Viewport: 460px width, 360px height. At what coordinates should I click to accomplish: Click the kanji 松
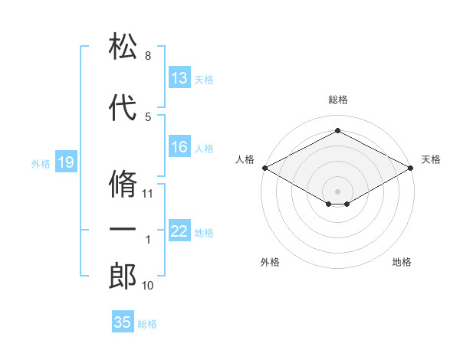[123, 46]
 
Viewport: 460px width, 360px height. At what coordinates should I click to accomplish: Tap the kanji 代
[123, 107]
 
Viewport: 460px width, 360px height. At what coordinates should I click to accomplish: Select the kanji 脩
[123, 184]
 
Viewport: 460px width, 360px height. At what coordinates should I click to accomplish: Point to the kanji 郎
[123, 276]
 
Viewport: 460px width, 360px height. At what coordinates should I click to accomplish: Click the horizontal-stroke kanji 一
[123, 229]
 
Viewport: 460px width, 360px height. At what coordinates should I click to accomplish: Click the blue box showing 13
[179, 77]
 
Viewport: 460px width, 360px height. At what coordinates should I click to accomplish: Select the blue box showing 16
[179, 146]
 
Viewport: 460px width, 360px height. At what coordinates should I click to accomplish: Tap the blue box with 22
[179, 230]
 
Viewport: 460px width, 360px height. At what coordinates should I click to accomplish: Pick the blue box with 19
[66, 162]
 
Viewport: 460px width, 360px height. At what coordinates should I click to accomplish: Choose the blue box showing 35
[123, 321]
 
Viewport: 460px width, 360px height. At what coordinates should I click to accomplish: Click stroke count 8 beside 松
[148, 56]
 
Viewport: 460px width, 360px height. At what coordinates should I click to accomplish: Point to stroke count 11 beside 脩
[147, 194]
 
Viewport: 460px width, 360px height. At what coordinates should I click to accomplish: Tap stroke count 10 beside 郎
[147, 286]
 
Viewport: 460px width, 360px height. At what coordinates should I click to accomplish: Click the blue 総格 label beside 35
[147, 324]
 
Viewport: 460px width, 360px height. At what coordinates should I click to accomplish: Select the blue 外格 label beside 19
[41, 164]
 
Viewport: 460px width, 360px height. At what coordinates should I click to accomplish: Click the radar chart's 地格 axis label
[402, 262]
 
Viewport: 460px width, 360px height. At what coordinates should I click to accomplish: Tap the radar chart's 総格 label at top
[338, 100]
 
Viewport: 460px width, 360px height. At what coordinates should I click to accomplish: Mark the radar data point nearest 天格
[410, 168]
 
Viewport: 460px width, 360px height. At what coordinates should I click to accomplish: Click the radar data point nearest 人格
[265, 168]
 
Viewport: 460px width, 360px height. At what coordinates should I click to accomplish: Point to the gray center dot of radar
[337, 191]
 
